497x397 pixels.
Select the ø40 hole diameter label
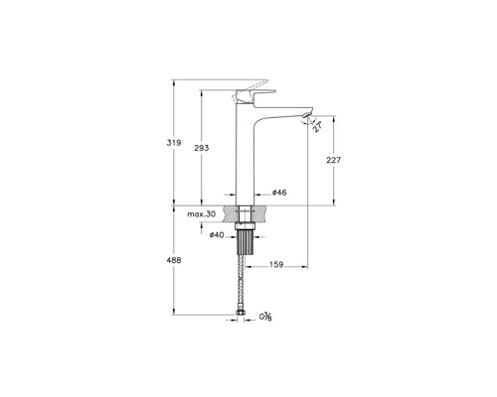pos(216,234)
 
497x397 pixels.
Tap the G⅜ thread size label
pos(266,318)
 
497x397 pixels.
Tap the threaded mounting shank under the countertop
pos(245,248)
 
